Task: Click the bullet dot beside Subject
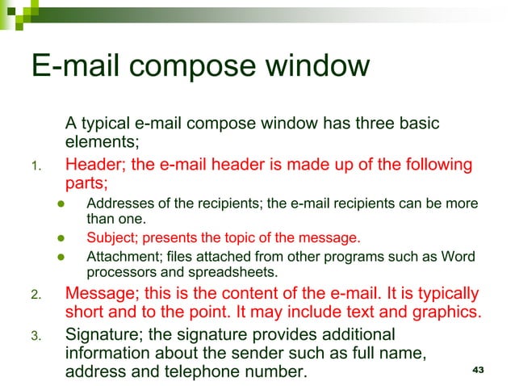pos(60,239)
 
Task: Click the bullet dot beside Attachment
pos(60,258)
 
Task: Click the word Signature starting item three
pos(103,334)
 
